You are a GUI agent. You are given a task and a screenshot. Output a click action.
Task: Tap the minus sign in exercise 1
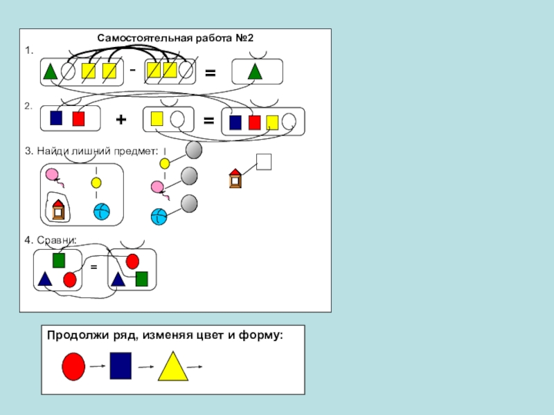[132, 70]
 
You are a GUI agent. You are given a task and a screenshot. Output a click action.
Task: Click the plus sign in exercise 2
[121, 120]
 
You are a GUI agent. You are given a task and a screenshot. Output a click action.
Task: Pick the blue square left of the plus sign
[56, 118]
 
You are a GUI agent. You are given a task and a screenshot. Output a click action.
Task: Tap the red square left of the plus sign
[78, 118]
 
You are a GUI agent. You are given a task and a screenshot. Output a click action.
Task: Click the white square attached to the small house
[264, 161]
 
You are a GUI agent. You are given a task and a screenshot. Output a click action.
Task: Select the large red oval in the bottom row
[73, 366]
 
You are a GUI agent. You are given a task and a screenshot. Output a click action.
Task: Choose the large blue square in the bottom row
[120, 366]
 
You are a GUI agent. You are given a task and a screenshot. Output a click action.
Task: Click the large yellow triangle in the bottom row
[172, 367]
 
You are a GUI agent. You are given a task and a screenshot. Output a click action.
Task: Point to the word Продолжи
[74, 335]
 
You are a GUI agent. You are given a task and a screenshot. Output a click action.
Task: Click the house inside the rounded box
[57, 209]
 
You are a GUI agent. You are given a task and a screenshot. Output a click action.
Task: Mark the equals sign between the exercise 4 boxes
[93, 266]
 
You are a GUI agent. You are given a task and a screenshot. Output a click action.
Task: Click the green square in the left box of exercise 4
[59, 260]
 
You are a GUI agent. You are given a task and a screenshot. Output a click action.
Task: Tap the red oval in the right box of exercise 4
[132, 261]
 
